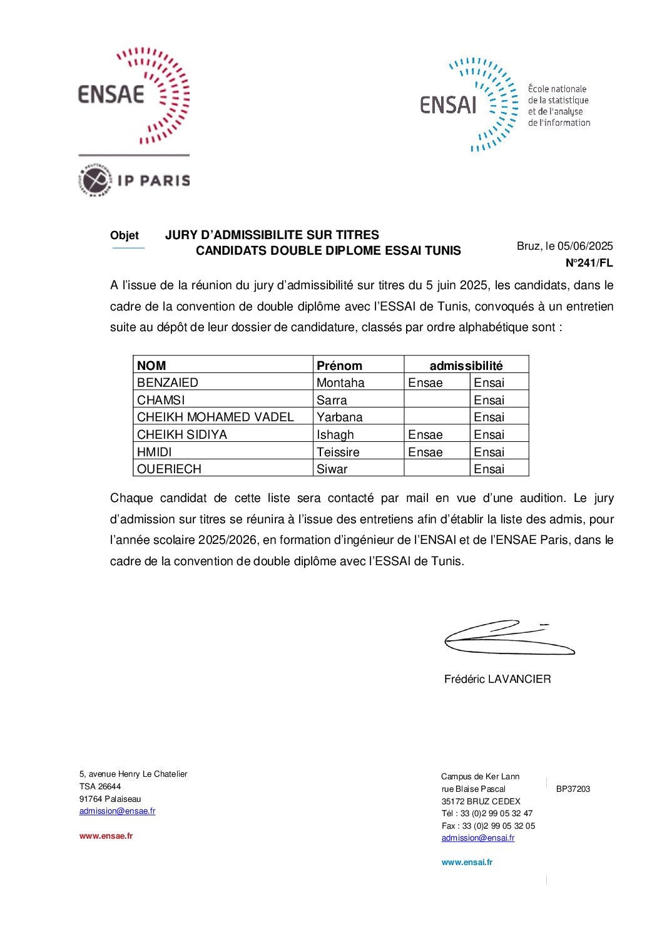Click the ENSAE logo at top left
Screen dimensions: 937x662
point(133,95)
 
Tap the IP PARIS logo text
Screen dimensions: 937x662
point(153,181)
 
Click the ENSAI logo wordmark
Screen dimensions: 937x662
point(448,105)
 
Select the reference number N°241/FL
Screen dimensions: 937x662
point(589,263)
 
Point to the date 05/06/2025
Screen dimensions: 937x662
point(585,246)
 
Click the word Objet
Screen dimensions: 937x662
point(125,235)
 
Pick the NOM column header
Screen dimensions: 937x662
point(151,366)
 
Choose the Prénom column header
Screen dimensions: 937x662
point(339,366)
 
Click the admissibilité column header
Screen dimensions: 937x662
point(466,366)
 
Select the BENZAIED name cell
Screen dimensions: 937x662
point(168,382)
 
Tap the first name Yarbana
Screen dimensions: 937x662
point(339,417)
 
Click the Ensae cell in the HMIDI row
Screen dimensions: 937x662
point(425,452)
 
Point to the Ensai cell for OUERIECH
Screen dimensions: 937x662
point(489,469)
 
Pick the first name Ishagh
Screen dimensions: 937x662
point(335,434)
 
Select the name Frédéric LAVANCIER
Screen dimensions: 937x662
point(497,679)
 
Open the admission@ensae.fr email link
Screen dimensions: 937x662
point(117,811)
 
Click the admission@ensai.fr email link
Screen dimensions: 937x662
point(478,838)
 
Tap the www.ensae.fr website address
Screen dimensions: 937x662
point(106,836)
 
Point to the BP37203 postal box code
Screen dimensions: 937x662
point(573,789)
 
